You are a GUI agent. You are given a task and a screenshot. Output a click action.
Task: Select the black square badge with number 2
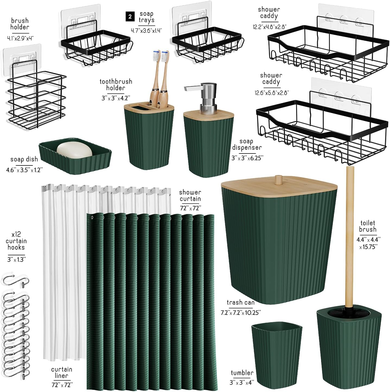tap(130, 17)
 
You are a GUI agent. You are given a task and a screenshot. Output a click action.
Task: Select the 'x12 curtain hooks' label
tap(16, 241)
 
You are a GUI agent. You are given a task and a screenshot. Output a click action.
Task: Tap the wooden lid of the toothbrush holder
tap(149, 108)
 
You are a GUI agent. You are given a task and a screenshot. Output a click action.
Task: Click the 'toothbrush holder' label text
tap(116, 85)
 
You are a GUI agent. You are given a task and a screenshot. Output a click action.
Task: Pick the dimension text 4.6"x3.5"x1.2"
tap(25, 170)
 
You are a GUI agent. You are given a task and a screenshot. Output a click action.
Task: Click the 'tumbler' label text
tap(242, 373)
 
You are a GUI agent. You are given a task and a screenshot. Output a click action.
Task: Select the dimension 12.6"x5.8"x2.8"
tap(272, 93)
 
